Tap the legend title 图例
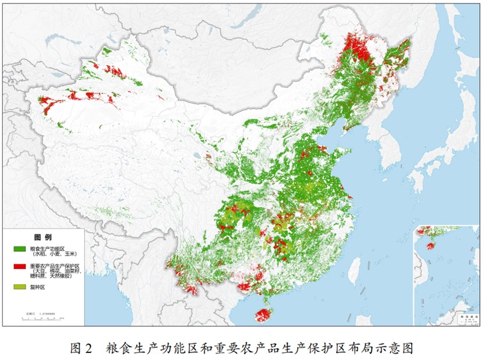pyautogui.click(x=43, y=238)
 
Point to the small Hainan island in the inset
pyautogui.click(x=430, y=246)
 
